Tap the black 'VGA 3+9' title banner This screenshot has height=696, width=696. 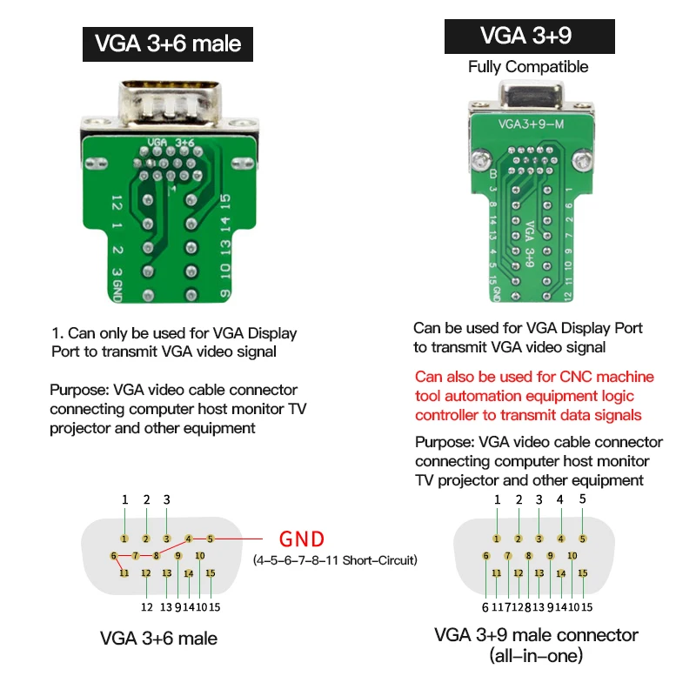click(x=527, y=36)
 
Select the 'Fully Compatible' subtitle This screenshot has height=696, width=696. click(x=527, y=67)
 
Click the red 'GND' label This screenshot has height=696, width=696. click(x=301, y=538)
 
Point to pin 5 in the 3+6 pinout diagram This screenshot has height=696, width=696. click(x=210, y=539)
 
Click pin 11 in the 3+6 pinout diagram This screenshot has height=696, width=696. click(x=124, y=572)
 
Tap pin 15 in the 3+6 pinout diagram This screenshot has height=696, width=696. click(x=210, y=572)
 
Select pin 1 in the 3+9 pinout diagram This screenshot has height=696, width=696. click(x=497, y=539)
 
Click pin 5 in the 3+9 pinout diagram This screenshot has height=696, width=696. click(x=582, y=539)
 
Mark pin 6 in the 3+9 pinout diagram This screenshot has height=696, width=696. click(x=486, y=556)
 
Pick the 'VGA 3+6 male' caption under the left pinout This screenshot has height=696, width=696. click(x=159, y=639)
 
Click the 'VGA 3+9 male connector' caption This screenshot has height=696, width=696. click(x=536, y=635)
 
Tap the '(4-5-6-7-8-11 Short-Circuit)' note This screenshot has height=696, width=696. click(x=335, y=560)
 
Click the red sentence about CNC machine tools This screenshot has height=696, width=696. click(x=534, y=396)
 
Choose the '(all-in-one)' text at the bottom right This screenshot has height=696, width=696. click(x=536, y=656)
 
